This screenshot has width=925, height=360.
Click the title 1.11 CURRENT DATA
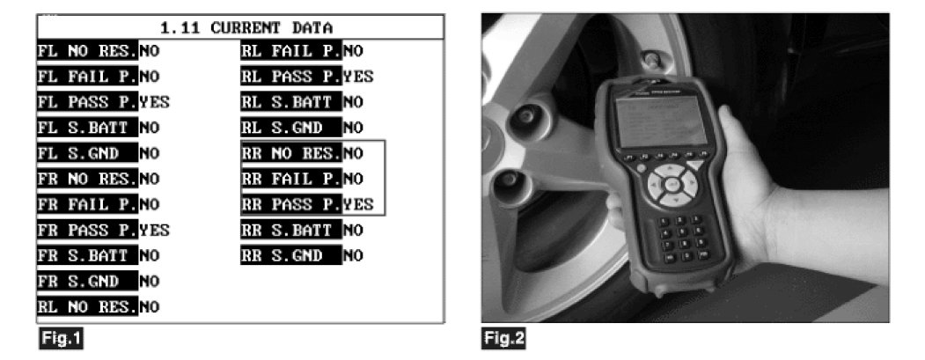pos(239,27)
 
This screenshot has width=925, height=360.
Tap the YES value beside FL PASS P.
pos(155,102)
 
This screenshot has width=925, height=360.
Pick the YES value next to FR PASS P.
pos(155,231)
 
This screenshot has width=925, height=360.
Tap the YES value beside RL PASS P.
pos(358,77)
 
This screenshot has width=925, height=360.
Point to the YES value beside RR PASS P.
pos(358,205)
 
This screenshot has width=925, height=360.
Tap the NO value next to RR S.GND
pos(353,256)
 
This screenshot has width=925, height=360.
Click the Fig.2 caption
pos(503,335)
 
